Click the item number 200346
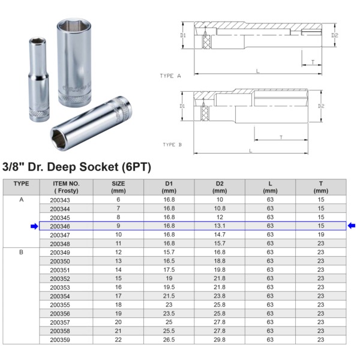(60, 226)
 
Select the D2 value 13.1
(220, 226)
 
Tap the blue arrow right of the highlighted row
(352, 226)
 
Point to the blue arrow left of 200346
(34, 226)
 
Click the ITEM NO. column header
(66, 187)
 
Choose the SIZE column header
(118, 187)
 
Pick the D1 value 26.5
(169, 340)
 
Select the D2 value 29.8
(220, 340)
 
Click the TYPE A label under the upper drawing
(170, 76)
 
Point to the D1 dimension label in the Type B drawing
(181, 106)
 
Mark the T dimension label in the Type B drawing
(281, 138)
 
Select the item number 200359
(60, 340)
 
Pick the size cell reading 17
(118, 296)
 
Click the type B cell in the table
(21, 252)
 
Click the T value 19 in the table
(321, 235)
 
